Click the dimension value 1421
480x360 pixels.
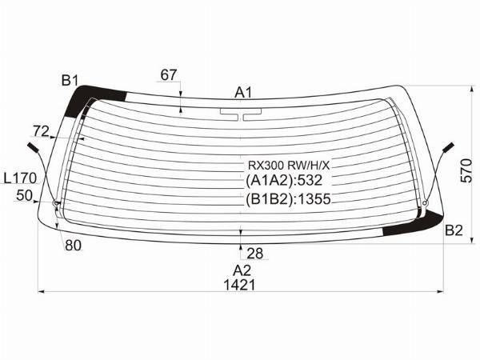239,286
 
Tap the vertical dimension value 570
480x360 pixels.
466,171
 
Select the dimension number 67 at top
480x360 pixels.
169,75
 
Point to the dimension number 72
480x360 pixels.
41,132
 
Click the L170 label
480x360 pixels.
21,178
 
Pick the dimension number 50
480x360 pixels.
24,196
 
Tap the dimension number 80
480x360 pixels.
74,246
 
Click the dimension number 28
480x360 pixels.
254,254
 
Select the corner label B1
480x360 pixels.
70,81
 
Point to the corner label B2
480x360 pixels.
454,230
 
